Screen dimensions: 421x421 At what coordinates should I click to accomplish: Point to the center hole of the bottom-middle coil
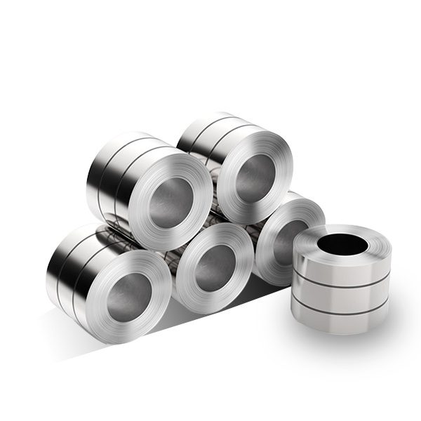(x=214, y=267)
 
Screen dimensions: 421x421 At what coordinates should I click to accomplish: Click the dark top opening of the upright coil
(x=342, y=244)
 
